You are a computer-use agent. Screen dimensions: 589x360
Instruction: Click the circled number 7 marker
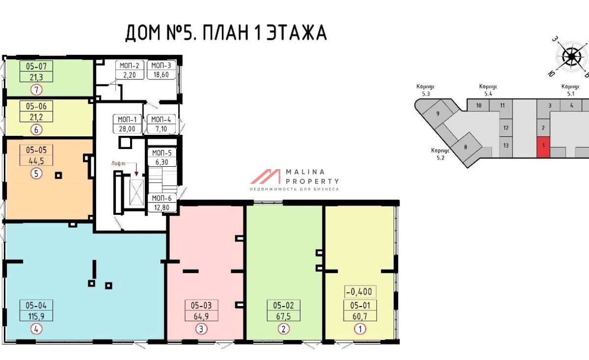(36, 90)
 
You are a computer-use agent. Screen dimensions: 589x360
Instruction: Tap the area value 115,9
(36, 316)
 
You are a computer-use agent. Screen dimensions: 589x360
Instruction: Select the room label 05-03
(201, 306)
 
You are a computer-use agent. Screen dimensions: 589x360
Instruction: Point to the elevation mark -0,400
(360, 292)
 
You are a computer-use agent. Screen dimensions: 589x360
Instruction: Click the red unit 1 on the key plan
(543, 147)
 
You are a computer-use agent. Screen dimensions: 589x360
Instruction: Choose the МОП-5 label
(161, 153)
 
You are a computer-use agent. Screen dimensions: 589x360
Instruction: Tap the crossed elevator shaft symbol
(137, 192)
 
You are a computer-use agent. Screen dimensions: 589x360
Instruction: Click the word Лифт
(118, 163)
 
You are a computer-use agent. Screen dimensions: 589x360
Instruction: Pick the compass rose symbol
(571, 57)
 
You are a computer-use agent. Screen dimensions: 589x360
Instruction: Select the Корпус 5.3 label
(426, 90)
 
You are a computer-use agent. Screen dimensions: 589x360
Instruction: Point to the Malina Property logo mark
(265, 176)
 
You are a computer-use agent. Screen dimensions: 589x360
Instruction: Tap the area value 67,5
(284, 316)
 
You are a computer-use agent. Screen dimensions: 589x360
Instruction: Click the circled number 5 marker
(36, 174)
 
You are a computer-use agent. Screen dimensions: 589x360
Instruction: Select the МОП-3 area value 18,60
(161, 75)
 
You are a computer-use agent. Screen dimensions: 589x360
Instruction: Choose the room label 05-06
(36, 106)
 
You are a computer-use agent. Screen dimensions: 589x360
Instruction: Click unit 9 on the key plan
(437, 113)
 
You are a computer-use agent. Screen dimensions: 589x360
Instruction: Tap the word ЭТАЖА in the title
(297, 32)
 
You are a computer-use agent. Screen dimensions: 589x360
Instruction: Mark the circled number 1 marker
(360, 329)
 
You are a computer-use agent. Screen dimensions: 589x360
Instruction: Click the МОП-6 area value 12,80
(161, 207)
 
